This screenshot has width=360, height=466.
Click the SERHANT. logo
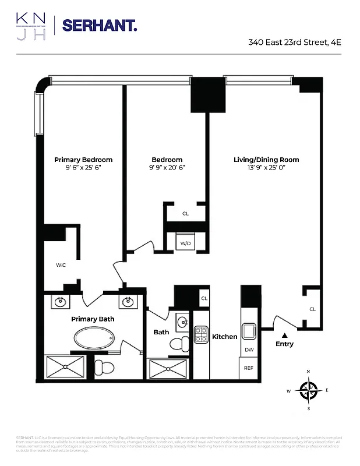[99, 25]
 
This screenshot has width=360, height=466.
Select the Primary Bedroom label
[83, 160]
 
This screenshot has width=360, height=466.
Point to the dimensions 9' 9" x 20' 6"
[167, 168]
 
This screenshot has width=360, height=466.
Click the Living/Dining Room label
[266, 160]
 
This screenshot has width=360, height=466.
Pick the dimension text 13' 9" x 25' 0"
[266, 168]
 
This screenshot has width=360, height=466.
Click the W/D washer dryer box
[186, 242]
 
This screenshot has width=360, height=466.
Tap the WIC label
[61, 265]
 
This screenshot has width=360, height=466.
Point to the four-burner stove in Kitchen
[201, 334]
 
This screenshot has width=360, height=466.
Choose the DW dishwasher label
[249, 350]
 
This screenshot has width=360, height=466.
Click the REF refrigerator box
[249, 368]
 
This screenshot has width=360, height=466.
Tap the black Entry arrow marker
[285, 336]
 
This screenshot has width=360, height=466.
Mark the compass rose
[309, 390]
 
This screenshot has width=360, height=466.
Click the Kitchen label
[224, 337]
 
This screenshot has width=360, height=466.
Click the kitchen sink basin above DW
[249, 331]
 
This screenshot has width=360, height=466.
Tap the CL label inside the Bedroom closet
[186, 214]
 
